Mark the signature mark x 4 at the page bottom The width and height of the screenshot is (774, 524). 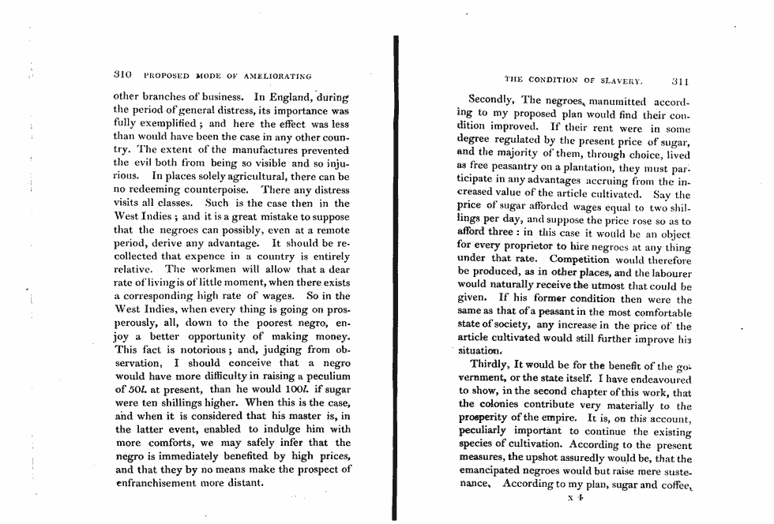(572, 498)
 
